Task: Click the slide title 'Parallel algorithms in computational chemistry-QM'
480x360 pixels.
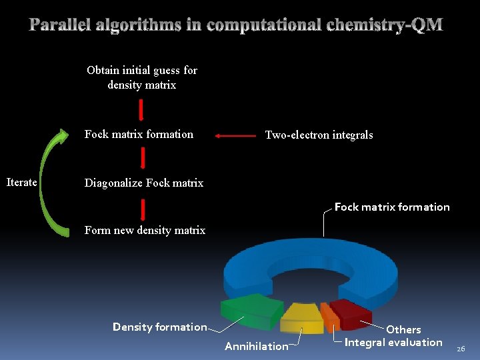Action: click(x=236, y=25)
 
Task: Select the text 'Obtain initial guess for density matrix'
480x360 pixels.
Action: click(x=142, y=77)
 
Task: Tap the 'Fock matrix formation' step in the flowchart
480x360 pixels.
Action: click(x=139, y=134)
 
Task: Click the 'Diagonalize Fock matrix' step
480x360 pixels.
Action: click(x=143, y=183)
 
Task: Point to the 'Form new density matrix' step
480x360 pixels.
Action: click(x=145, y=230)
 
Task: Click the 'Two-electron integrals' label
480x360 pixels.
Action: click(x=319, y=135)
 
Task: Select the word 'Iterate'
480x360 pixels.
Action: click(x=21, y=182)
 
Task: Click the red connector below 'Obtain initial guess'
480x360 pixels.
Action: click(x=141, y=109)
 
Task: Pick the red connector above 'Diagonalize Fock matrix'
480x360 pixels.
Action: click(x=143, y=158)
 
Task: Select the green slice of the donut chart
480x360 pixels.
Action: click(x=251, y=311)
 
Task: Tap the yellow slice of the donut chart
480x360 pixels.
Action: click(x=301, y=317)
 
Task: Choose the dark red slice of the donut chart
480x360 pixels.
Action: click(x=350, y=312)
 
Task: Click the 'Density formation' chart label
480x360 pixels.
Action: click(x=159, y=327)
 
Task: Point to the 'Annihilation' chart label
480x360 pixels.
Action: click(x=257, y=346)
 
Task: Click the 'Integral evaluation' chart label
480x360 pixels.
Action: click(x=393, y=343)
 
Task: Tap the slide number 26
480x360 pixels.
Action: click(x=461, y=348)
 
